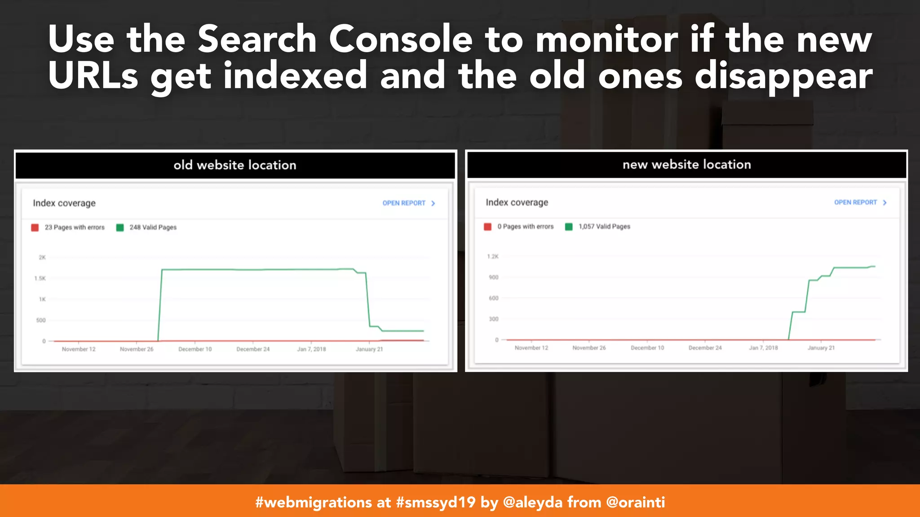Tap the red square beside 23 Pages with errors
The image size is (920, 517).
(x=35, y=228)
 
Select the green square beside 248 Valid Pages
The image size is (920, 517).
(x=120, y=228)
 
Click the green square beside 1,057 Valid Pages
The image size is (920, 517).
(x=569, y=227)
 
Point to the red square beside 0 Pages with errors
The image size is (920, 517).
(x=487, y=227)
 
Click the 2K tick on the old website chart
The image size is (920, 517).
(x=42, y=258)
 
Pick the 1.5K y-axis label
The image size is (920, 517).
(x=40, y=278)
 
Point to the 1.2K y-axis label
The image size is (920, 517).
(x=493, y=257)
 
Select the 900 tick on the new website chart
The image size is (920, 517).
(x=494, y=277)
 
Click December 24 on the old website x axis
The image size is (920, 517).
(x=253, y=349)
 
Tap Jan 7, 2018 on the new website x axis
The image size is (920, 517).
(x=763, y=348)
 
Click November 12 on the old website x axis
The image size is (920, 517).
(x=79, y=349)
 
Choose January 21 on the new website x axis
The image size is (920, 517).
(x=821, y=348)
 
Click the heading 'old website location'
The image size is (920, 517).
(x=235, y=165)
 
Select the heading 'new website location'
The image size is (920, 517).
(x=686, y=165)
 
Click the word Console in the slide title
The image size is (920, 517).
(x=400, y=39)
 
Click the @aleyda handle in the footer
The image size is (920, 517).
(x=532, y=502)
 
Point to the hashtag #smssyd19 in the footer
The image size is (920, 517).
(x=435, y=502)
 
